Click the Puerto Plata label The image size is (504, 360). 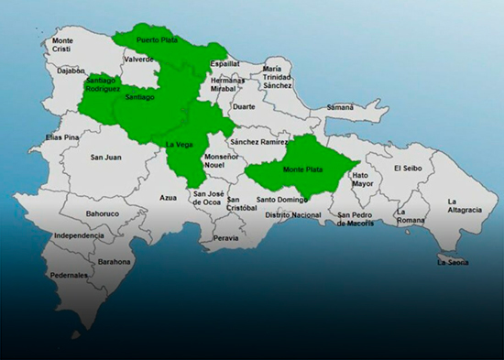155,40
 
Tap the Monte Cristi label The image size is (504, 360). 62,46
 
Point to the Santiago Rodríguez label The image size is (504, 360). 101,84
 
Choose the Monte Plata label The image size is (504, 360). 302,169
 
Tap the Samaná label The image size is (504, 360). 339,107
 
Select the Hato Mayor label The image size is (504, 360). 363,179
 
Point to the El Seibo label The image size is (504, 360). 409,169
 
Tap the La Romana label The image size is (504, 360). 409,216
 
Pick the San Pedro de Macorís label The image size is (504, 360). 356,220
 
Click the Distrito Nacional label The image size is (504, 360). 292,214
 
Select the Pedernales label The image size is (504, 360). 70,275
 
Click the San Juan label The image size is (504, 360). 105,157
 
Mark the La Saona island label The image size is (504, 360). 453,263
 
